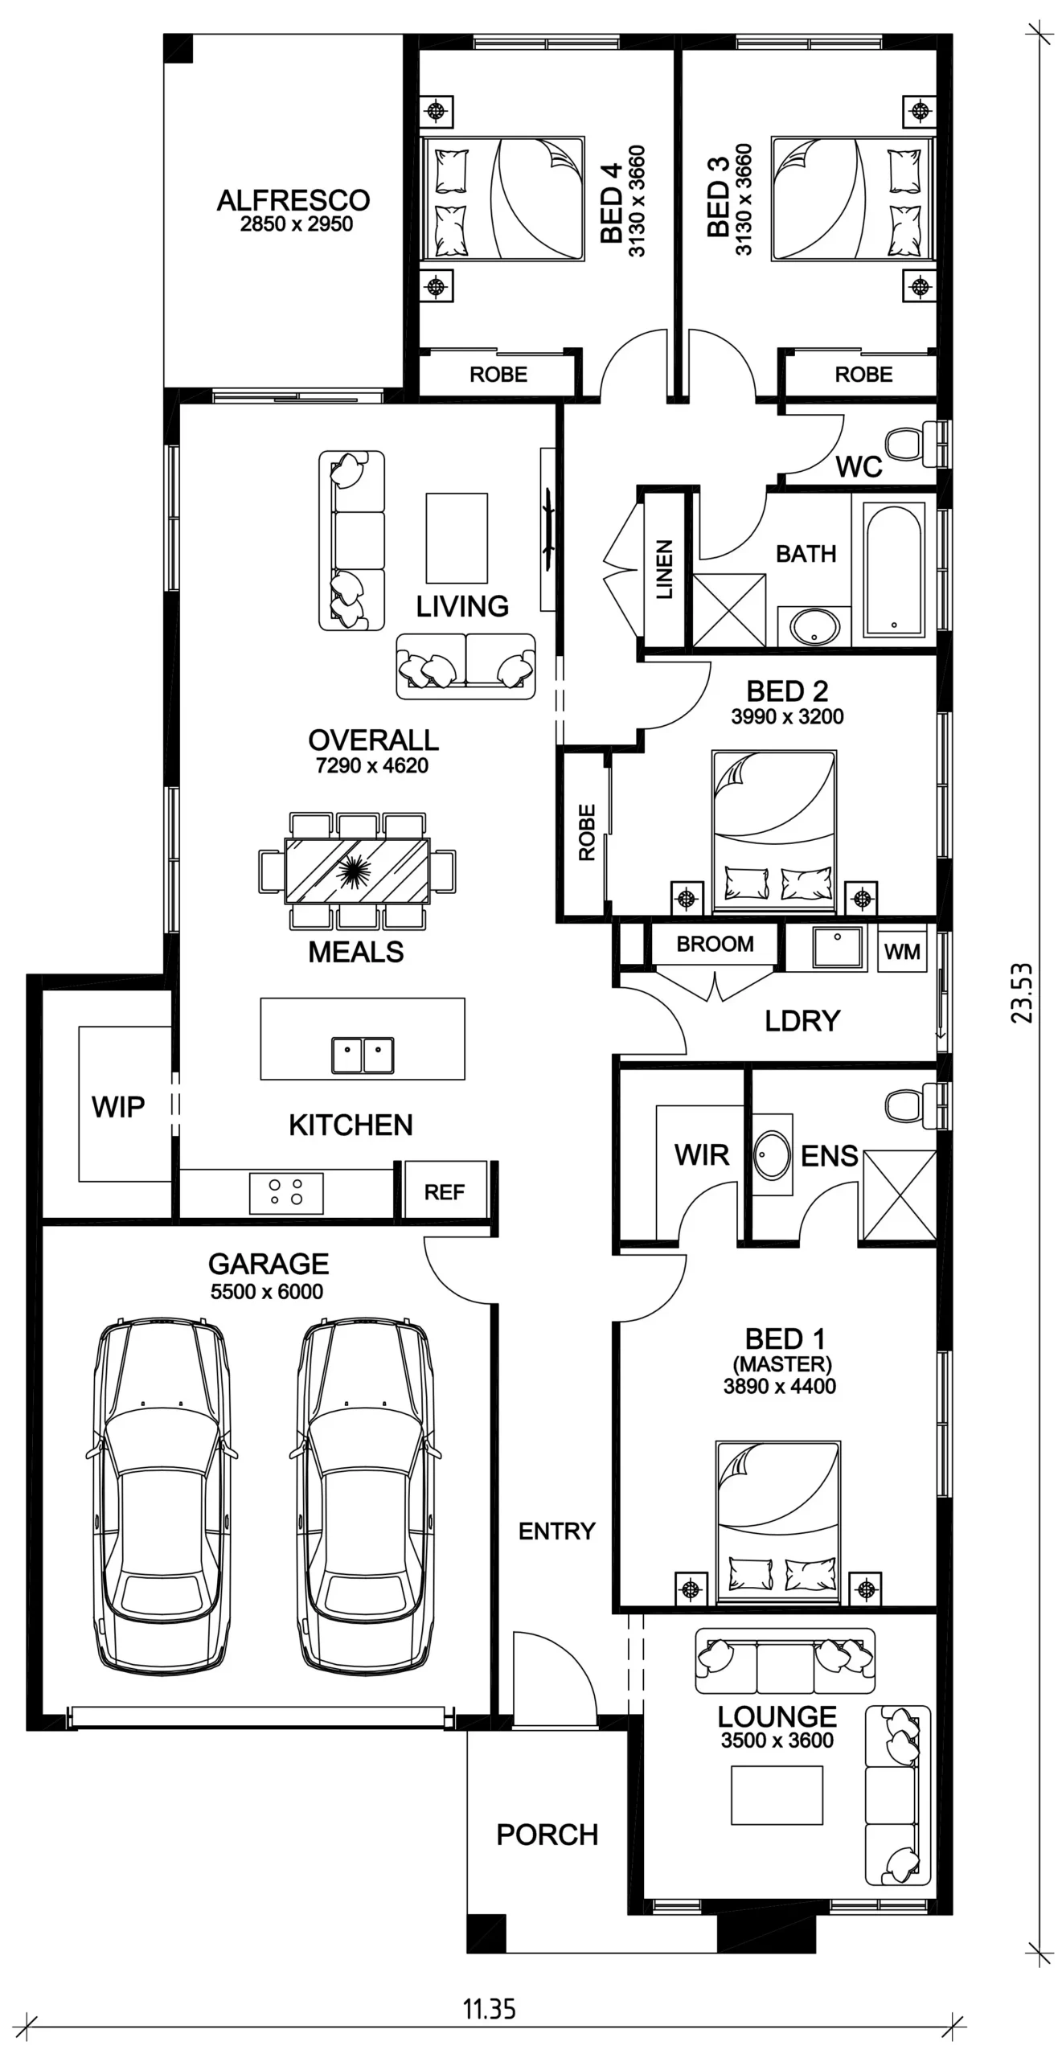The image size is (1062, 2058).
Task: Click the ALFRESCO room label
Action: pyautogui.click(x=293, y=200)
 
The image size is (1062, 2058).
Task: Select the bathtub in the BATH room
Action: pyautogui.click(x=893, y=569)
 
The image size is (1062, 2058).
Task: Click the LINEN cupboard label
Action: pyautogui.click(x=664, y=569)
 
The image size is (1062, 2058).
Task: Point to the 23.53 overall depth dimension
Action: pyautogui.click(x=1022, y=993)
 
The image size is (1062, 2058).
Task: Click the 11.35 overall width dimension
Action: pyautogui.click(x=490, y=2009)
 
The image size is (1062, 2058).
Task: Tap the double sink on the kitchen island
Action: pyautogui.click(x=363, y=1055)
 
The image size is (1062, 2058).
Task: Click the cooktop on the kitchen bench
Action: pyautogui.click(x=286, y=1192)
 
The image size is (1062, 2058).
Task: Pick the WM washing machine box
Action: pyautogui.click(x=902, y=950)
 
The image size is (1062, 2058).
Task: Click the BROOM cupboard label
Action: pyautogui.click(x=715, y=944)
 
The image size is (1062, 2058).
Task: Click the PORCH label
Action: pyautogui.click(x=547, y=1835)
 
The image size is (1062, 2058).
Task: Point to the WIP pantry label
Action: pyautogui.click(x=118, y=1107)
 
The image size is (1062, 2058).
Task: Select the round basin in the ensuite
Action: pyautogui.click(x=772, y=1154)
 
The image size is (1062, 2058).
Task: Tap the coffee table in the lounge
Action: pyautogui.click(x=777, y=1794)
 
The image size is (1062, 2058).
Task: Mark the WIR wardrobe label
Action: pyautogui.click(x=702, y=1155)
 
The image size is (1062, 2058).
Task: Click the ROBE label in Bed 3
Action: pyautogui.click(x=863, y=375)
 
